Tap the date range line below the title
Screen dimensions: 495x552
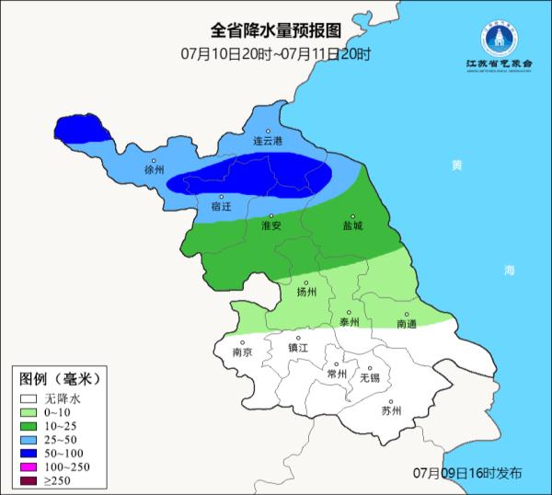275,53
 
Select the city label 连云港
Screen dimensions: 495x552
269,141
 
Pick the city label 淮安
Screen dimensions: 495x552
271,224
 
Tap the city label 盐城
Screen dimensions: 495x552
351,224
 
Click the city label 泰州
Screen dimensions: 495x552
349,322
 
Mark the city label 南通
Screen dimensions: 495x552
408,324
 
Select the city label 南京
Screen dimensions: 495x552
242,351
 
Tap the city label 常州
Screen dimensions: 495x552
337,374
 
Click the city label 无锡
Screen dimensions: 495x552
369,377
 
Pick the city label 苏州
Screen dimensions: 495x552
392,410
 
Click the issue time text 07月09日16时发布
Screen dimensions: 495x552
468,473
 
